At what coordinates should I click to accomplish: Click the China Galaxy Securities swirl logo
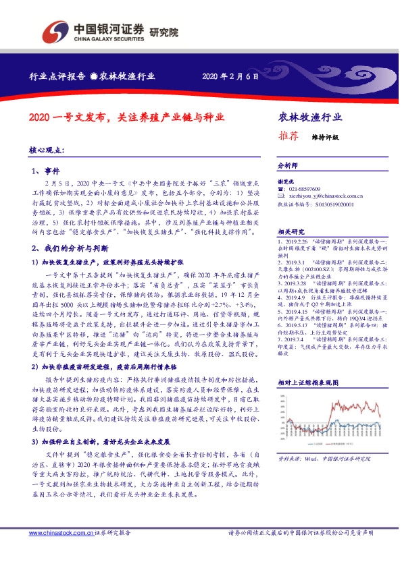pos(55,30)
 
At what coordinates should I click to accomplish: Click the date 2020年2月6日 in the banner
pos(230,76)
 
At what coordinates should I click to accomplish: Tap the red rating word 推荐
pos(288,135)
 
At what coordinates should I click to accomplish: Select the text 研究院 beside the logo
pos(164,31)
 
